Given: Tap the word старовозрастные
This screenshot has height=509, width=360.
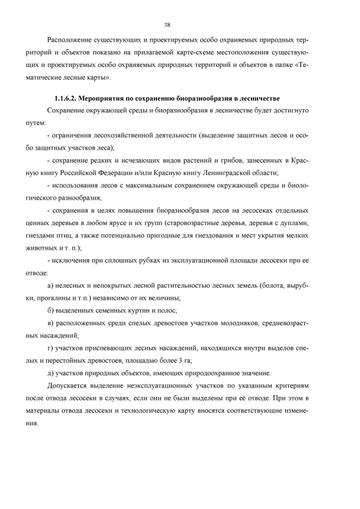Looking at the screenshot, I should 206,222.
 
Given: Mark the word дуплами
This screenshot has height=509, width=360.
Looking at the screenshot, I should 293,222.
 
